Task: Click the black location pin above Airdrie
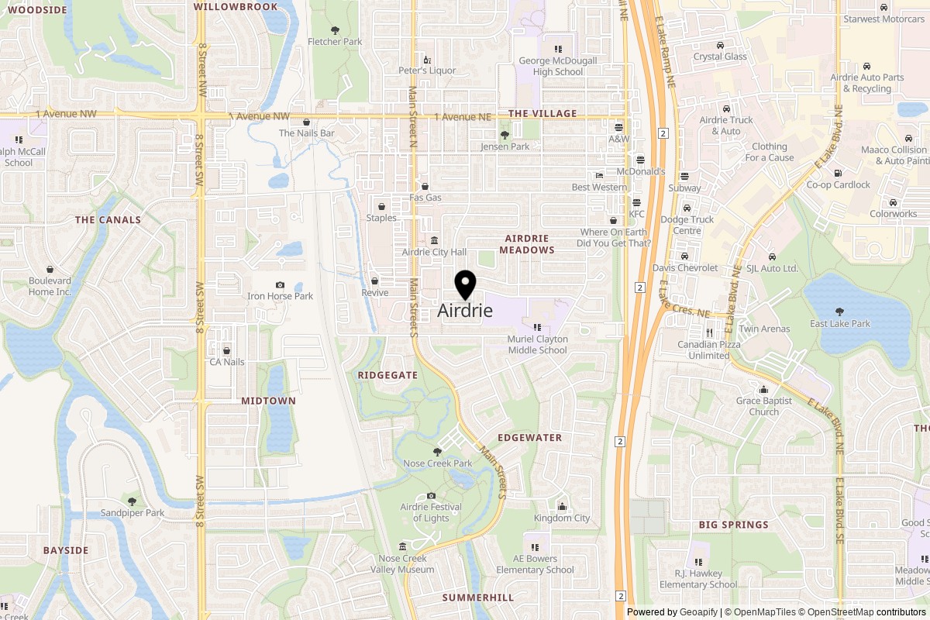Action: coord(465,284)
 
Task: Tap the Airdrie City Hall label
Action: coord(434,252)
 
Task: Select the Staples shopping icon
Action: coord(381,207)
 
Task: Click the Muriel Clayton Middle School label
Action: coord(537,345)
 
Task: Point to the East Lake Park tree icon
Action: coord(839,312)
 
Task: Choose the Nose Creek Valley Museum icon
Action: coord(401,547)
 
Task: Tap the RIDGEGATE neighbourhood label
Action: coord(387,375)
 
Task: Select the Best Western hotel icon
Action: coord(599,176)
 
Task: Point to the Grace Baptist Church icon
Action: coord(764,389)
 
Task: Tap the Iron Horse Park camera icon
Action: coord(280,285)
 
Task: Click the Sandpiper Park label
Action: coord(132,513)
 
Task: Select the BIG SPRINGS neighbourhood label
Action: coord(733,525)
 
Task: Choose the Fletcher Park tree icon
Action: coord(335,29)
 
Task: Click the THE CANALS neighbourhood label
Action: coord(108,220)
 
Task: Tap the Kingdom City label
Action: coord(562,518)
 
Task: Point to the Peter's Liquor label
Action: coord(427,71)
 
